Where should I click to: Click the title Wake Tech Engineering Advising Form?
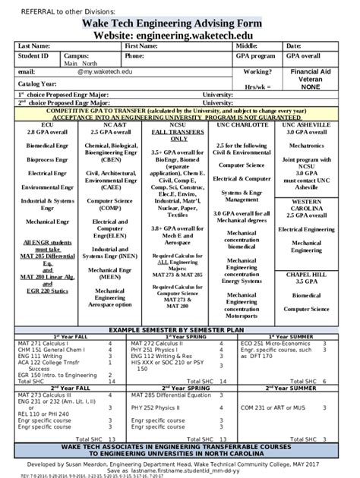179,24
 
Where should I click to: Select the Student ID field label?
33,56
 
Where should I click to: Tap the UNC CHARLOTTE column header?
245,124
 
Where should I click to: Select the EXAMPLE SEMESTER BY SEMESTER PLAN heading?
179,332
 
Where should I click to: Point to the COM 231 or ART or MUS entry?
273,407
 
